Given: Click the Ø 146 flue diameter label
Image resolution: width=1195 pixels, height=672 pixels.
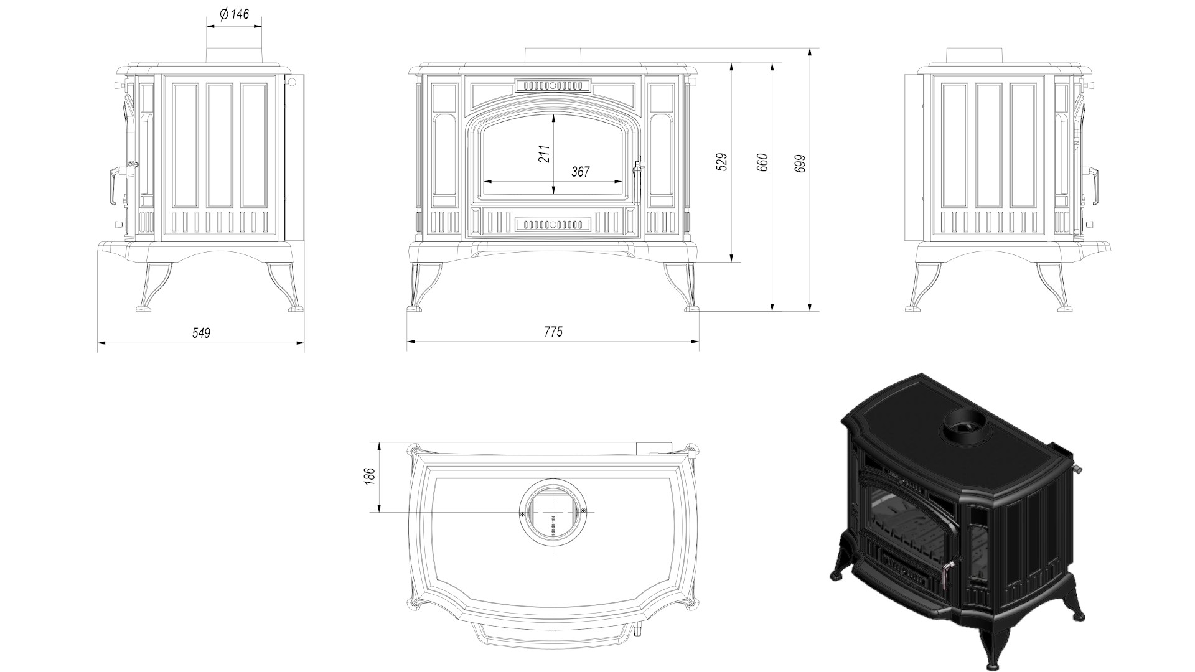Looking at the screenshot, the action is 234,14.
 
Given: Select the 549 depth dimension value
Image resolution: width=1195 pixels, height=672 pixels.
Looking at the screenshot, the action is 201,333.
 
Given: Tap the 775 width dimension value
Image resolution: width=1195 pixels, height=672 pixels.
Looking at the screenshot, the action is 553,332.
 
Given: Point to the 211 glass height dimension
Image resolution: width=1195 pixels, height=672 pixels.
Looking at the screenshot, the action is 545,154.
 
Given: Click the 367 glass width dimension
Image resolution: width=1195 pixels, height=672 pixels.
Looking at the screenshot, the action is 580,172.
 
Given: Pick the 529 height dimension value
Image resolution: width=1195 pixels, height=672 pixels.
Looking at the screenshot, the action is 722,162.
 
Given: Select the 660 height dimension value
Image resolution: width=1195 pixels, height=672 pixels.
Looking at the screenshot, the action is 763,162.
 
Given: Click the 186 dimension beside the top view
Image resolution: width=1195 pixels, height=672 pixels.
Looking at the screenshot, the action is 369,477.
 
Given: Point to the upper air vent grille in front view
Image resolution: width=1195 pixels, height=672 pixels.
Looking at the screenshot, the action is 552,85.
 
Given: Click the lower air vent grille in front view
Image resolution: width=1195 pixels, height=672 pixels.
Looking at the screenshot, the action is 552,223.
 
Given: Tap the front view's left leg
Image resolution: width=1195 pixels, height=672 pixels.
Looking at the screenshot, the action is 424,287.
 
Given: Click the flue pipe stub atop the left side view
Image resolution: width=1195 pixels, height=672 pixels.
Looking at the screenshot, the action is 234,55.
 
